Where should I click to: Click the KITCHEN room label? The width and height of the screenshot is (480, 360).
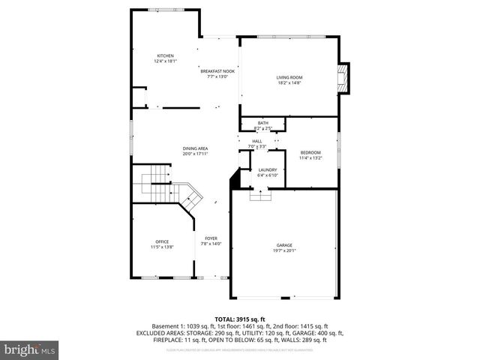[x=165, y=56]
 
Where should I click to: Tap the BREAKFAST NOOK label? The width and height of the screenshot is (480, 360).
[x=217, y=71]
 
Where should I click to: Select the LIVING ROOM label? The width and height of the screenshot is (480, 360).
[x=289, y=77]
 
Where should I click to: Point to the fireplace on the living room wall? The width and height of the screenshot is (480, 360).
[x=343, y=78]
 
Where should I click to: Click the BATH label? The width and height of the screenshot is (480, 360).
[x=262, y=123]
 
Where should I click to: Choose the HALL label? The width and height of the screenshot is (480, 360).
[x=256, y=141]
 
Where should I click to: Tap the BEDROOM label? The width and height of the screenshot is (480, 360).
[x=310, y=152]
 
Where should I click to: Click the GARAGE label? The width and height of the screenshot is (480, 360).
[x=283, y=245]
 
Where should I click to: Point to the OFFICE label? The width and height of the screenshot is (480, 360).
[x=162, y=241]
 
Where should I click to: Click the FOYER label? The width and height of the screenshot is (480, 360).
[x=211, y=238]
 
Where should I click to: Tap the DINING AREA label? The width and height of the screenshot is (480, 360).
[x=195, y=148]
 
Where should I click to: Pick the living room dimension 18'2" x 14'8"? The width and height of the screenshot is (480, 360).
[x=289, y=82]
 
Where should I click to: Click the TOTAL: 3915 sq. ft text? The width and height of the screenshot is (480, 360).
[x=239, y=319]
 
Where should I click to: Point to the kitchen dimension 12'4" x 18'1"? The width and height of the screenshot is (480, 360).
[x=165, y=61]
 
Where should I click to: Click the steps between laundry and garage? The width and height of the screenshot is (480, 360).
[x=260, y=195]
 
